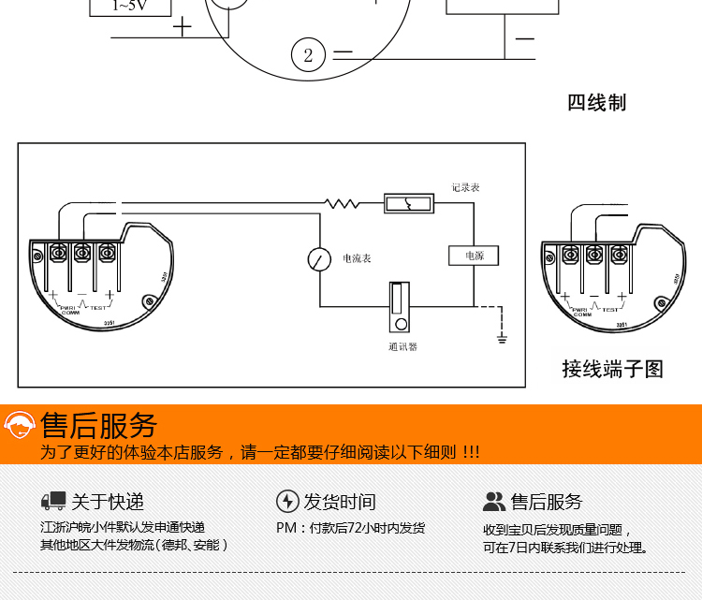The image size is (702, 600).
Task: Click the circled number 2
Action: tap(308, 55)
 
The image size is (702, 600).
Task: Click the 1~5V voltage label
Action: tap(129, 6)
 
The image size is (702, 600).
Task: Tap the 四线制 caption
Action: tap(596, 103)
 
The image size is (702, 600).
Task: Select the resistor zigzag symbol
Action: tap(342, 203)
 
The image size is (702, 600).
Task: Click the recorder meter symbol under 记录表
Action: tap(409, 203)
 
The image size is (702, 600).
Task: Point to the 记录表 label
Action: tap(465, 187)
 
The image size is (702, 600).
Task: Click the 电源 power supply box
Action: tap(473, 256)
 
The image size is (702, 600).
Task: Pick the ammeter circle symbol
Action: tap(320, 258)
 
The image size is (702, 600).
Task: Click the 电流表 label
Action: tap(357, 258)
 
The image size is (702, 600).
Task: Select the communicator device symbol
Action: tap(400, 307)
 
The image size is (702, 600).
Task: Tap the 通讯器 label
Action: tap(402, 346)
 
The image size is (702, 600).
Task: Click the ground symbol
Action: tap(503, 334)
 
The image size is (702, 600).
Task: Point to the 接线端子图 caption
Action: tap(612, 369)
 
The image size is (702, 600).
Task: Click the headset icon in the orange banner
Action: tap(20, 427)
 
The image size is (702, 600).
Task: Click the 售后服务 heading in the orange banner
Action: tap(99, 426)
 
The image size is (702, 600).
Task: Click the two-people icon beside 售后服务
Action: tap(494, 502)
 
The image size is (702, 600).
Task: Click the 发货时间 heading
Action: tap(340, 502)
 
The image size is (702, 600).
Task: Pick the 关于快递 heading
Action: tap(108, 502)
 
